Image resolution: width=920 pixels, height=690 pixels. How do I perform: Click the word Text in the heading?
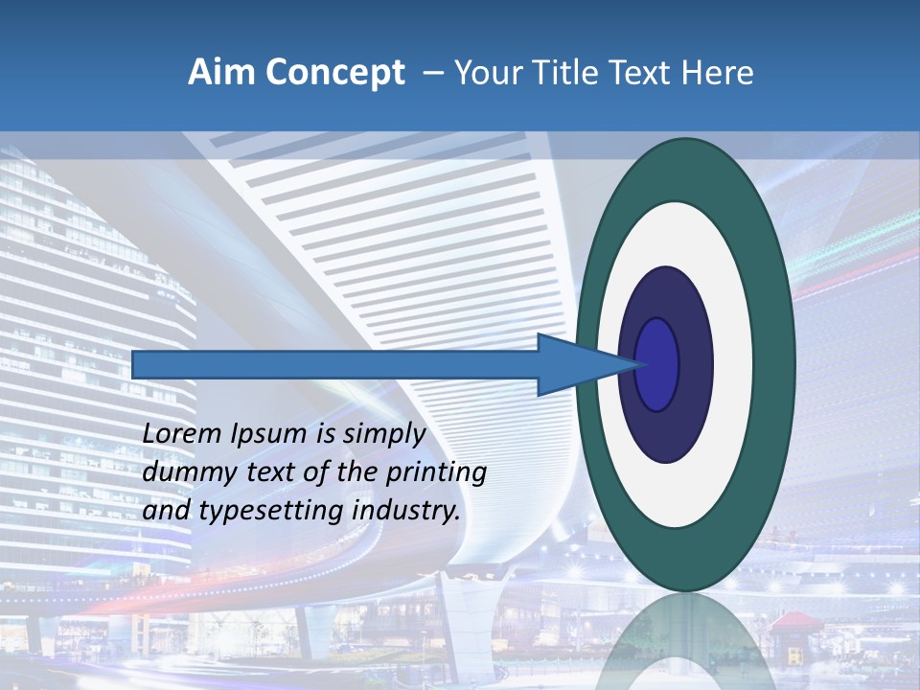point(645,73)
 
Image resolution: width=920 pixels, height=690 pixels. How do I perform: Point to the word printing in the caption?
point(439,473)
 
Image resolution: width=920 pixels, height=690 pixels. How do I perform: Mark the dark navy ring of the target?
point(695,364)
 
